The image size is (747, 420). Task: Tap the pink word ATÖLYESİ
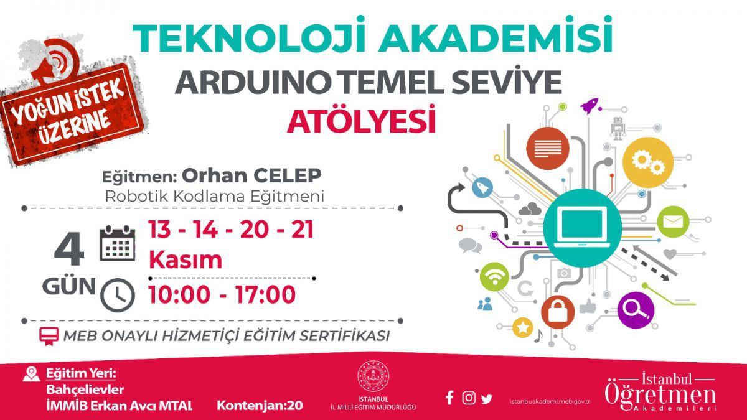[361, 119]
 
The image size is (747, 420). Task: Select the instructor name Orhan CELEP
[251, 175]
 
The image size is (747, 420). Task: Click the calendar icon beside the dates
[118, 243]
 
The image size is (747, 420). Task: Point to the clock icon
[118, 295]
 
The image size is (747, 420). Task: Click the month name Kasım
[186, 259]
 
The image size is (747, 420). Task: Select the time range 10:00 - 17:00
[222, 294]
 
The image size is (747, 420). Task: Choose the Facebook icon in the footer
[449, 398]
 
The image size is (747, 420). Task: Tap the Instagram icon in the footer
[469, 398]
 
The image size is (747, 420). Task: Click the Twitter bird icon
[487, 399]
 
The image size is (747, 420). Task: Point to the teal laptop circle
[582, 228]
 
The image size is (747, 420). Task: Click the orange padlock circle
[558, 312]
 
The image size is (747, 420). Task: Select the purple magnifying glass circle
[636, 310]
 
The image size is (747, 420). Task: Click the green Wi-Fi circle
[494, 277]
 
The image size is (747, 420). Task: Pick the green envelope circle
[673, 222]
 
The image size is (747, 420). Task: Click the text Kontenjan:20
[260, 406]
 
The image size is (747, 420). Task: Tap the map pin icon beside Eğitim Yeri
[31, 374]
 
